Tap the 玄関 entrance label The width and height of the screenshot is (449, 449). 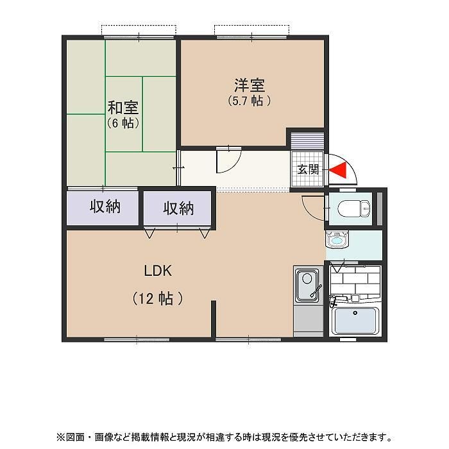pos(308,169)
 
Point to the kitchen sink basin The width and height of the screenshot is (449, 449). pos(307,282)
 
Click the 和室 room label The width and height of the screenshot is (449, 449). pos(123,107)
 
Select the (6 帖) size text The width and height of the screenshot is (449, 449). pos(123,123)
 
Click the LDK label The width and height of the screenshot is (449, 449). pos(157,271)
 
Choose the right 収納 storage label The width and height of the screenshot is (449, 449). pos(178,208)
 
